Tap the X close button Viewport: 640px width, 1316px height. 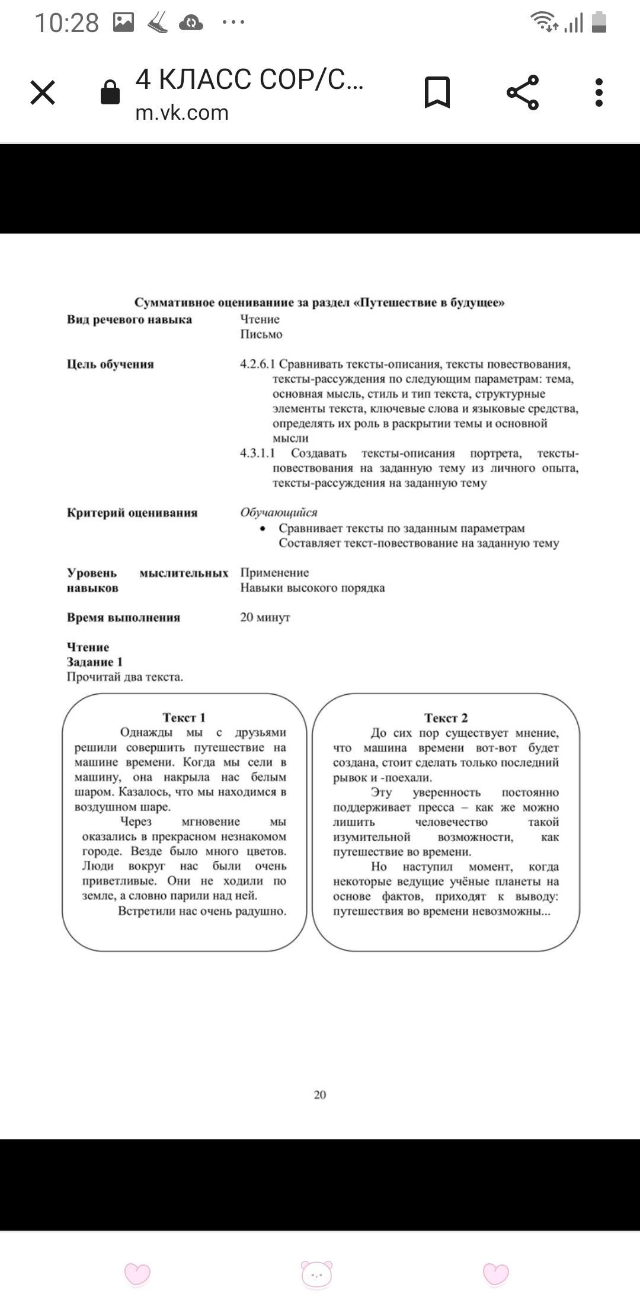[x=43, y=93]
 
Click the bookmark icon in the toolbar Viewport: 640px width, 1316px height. [x=437, y=92]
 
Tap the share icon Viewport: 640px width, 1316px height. [x=523, y=92]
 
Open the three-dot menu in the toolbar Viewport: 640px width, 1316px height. [x=599, y=92]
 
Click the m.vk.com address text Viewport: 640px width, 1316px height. [x=182, y=113]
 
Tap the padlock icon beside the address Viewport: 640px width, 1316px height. [x=110, y=92]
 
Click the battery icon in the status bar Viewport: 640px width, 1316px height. [x=599, y=23]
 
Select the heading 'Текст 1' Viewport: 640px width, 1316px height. [x=184, y=717]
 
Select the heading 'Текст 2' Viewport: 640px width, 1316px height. [x=446, y=718]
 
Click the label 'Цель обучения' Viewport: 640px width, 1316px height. [x=110, y=365]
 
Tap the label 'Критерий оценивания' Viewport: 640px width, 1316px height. [x=132, y=513]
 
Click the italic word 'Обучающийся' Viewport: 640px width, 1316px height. [x=279, y=513]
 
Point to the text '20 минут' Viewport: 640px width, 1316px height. [x=265, y=617]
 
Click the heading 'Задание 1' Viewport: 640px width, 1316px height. [x=95, y=662]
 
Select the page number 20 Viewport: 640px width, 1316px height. [x=320, y=1095]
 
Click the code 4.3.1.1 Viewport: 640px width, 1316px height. [x=257, y=453]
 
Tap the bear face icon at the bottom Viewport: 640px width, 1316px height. [x=317, y=1273]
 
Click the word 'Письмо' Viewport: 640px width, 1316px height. [x=261, y=334]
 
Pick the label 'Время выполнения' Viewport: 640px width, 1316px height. [x=123, y=618]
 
